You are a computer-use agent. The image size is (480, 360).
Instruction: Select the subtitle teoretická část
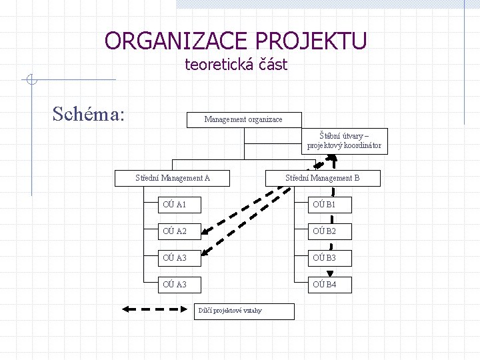coord(235,65)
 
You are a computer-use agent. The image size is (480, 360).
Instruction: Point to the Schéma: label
coord(89,113)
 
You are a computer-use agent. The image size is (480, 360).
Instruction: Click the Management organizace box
coord(243,119)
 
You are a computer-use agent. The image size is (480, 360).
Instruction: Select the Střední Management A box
coord(173,178)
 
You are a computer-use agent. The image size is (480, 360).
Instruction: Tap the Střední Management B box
coord(323,178)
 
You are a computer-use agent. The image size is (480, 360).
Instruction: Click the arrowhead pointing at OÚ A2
coord(207,231)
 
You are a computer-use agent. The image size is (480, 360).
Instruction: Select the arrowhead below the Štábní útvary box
coord(331,159)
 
